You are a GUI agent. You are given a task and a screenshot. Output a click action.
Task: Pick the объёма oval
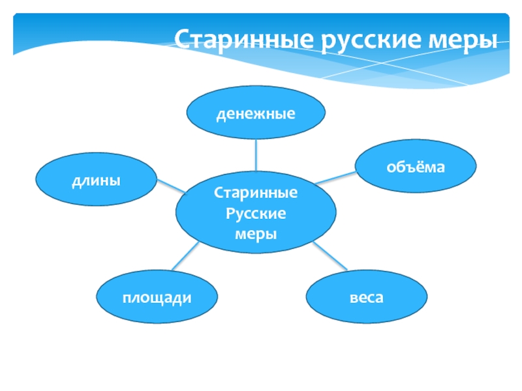tap(416, 167)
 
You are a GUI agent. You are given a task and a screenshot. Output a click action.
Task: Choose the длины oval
tap(96, 180)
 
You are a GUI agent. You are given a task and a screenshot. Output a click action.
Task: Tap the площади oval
tap(157, 298)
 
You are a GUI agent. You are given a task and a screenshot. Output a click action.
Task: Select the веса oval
tap(366, 298)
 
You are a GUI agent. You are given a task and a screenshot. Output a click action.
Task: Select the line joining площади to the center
tap(185, 256)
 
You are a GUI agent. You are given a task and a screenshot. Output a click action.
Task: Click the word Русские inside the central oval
tap(256, 213)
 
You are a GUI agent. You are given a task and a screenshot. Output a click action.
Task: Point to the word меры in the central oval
tap(256, 233)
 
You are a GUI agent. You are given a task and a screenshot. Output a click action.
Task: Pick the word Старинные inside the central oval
tap(256, 194)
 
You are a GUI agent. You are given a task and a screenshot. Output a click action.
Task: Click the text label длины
tap(96, 180)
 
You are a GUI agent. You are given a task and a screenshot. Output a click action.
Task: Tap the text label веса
tap(366, 298)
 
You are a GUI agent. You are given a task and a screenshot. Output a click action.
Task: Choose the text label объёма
tap(416, 167)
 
